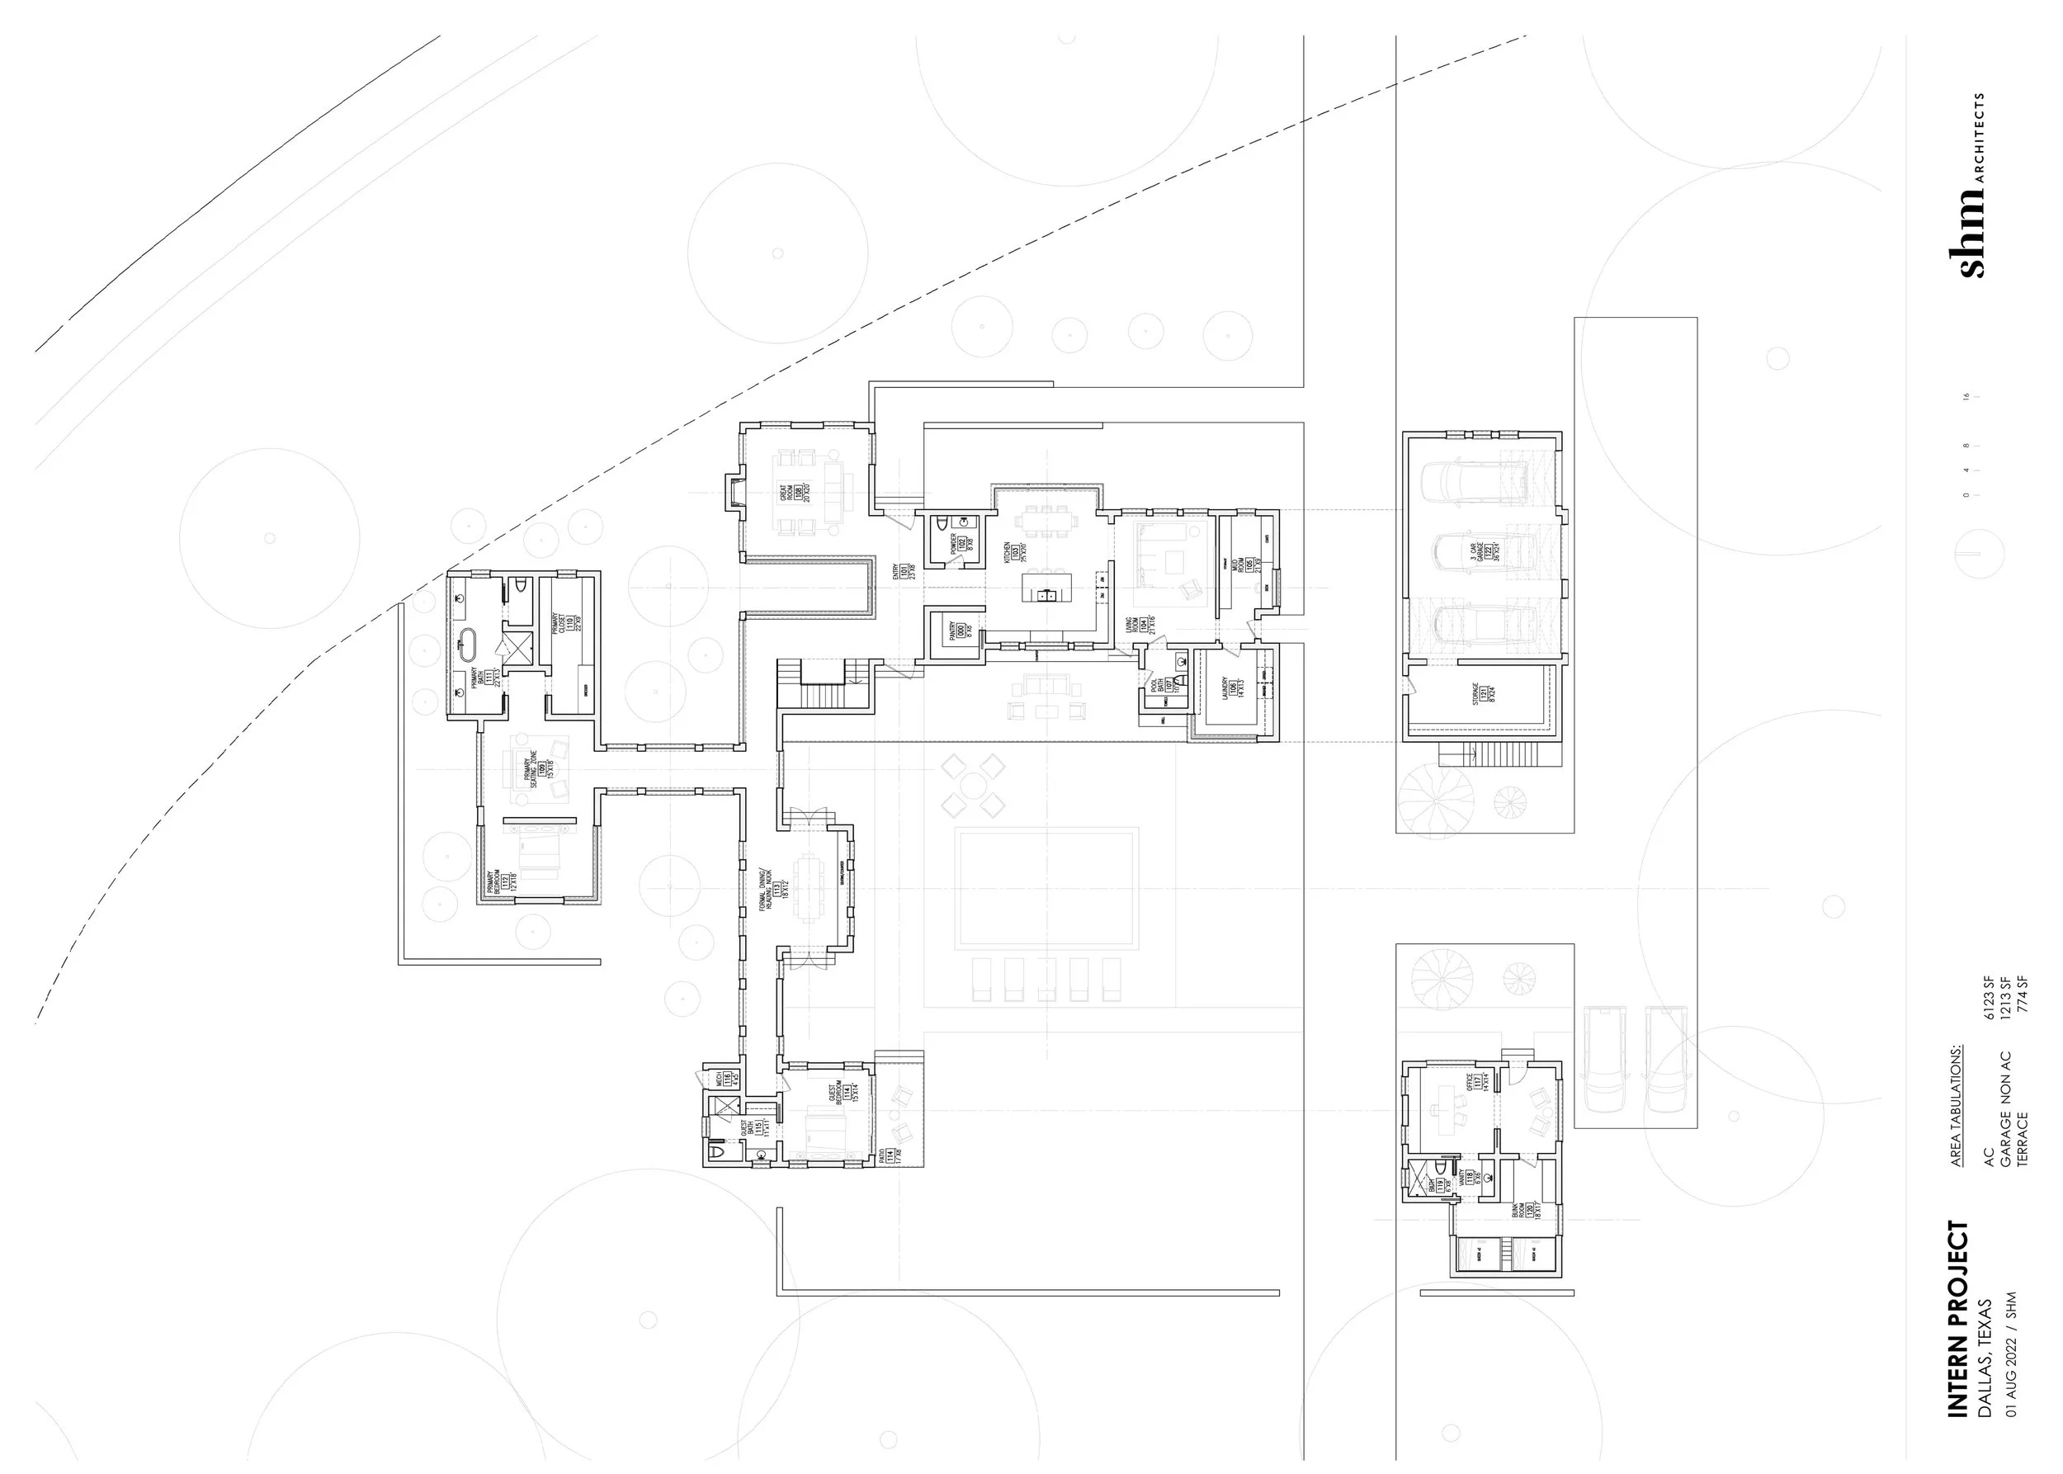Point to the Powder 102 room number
point(961,544)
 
